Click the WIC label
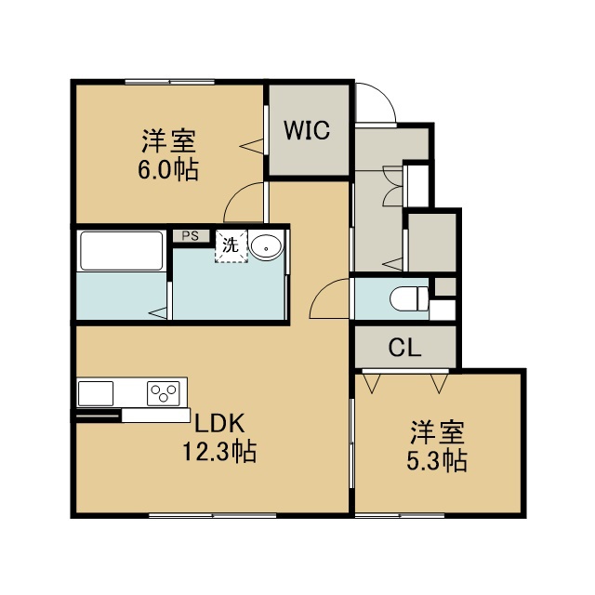[x=307, y=130]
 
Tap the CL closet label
[x=405, y=347]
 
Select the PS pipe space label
[x=190, y=236]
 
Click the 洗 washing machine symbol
[x=231, y=245]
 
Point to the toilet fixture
[x=409, y=298]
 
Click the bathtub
[x=122, y=250]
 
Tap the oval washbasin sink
[x=267, y=248]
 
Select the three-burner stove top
[x=164, y=393]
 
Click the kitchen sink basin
[x=96, y=393]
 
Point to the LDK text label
[x=219, y=424]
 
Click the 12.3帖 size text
[x=219, y=452]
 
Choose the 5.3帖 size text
[x=437, y=461]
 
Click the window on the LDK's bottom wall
[x=213, y=515]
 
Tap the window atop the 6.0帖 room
[x=169, y=82]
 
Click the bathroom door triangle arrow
[x=158, y=313]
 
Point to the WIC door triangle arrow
[x=251, y=146]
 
